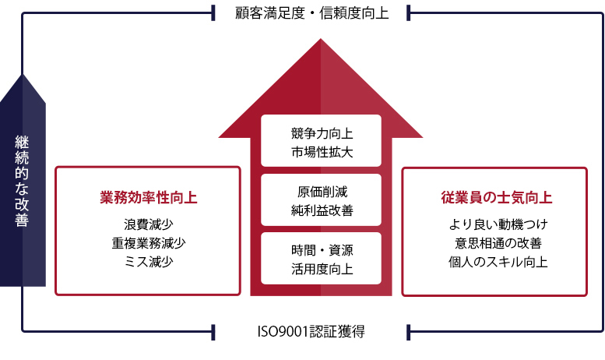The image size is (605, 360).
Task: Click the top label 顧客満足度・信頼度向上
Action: pyautogui.click(x=311, y=13)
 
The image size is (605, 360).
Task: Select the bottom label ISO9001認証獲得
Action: pyautogui.click(x=311, y=331)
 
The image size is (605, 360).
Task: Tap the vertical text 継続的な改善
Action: pyautogui.click(x=22, y=180)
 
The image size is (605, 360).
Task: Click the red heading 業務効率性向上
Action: pyautogui.click(x=148, y=197)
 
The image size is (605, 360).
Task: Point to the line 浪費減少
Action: pyautogui.click(x=148, y=224)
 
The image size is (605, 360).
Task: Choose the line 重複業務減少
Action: pyautogui.click(x=148, y=243)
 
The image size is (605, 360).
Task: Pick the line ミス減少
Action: pyautogui.click(x=148, y=262)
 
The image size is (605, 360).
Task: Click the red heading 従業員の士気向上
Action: pyautogui.click(x=497, y=197)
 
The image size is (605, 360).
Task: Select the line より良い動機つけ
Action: pyautogui.click(x=498, y=224)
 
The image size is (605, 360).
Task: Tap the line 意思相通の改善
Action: pyautogui.click(x=498, y=243)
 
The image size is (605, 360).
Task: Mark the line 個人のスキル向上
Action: pyautogui.click(x=498, y=262)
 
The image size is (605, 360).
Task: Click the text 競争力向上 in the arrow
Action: pyautogui.click(x=322, y=134)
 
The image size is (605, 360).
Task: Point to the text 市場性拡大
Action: pyautogui.click(x=322, y=152)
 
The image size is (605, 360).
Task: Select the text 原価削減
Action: pyautogui.click(x=322, y=192)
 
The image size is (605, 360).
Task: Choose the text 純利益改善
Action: pyautogui.click(x=322, y=210)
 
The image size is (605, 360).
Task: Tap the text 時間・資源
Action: pyautogui.click(x=322, y=250)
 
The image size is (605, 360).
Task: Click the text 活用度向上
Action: pyautogui.click(x=322, y=269)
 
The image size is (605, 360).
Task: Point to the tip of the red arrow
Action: pyautogui.click(x=320, y=39)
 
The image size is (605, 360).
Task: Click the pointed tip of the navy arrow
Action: pyautogui.click(x=23, y=75)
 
